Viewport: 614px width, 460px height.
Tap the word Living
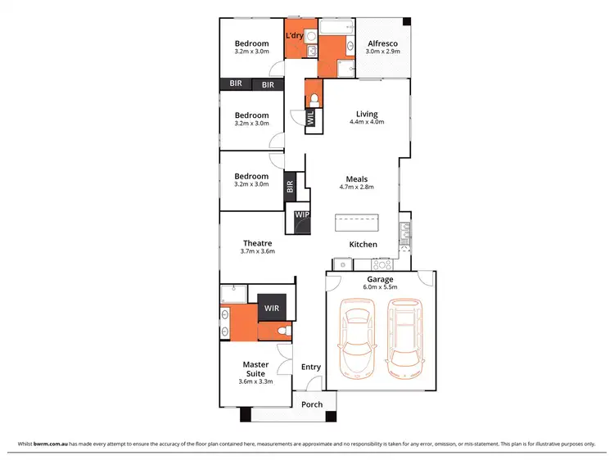click(367, 114)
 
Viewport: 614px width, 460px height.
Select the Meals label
click(356, 178)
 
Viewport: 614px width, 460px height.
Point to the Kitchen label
click(363, 245)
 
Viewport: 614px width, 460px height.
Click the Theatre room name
click(258, 242)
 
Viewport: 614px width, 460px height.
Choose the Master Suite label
click(256, 369)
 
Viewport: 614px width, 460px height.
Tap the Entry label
click(310, 368)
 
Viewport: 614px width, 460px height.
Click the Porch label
click(312, 404)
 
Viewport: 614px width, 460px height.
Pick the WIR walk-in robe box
click(270, 308)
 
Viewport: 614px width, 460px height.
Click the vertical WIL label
click(309, 119)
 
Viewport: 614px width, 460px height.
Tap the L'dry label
click(296, 37)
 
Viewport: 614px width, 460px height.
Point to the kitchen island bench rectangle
click(357, 223)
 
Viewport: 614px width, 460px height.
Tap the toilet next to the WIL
click(314, 100)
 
